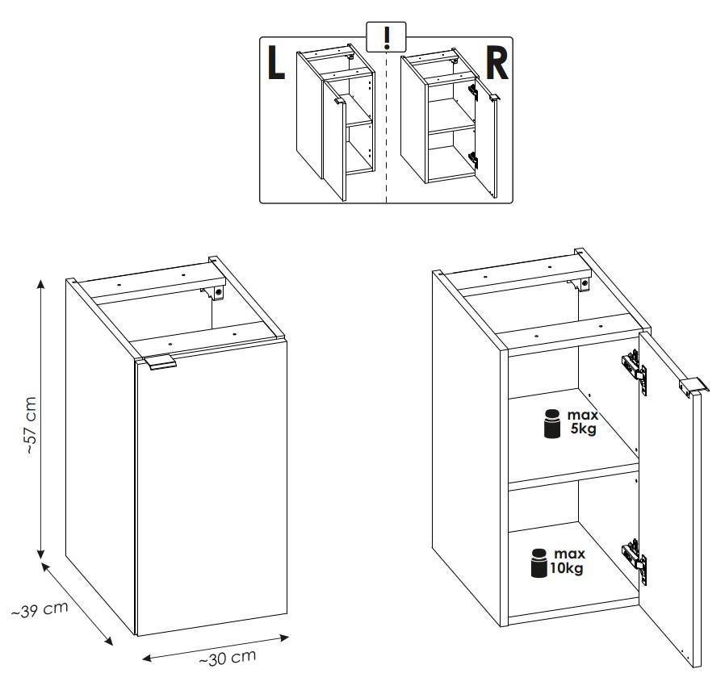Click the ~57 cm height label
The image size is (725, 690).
click(x=31, y=424)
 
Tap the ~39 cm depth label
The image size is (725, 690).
click(x=40, y=609)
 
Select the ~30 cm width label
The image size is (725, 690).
click(x=227, y=658)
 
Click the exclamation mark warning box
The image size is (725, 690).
click(x=386, y=37)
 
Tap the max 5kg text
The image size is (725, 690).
click(x=583, y=421)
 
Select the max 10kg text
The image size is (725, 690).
click(x=568, y=561)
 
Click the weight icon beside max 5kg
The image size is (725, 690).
click(x=552, y=423)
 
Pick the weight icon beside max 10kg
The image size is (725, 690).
click(x=539, y=563)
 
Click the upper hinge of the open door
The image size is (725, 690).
click(x=635, y=370)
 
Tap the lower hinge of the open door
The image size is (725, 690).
click(x=635, y=561)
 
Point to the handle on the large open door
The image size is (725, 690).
click(x=694, y=387)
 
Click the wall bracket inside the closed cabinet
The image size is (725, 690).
click(x=214, y=293)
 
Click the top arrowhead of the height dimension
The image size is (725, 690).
click(x=41, y=283)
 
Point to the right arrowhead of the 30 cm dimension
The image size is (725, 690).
click(x=284, y=638)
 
